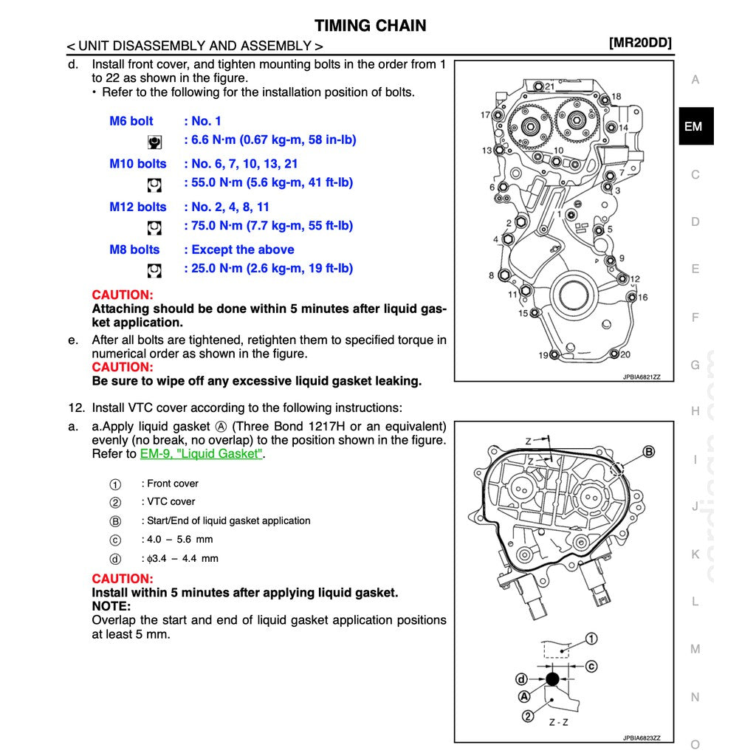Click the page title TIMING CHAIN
(370, 26)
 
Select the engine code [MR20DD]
(639, 43)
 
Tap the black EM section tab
(694, 126)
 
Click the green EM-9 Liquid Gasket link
(201, 454)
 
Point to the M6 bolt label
(131, 121)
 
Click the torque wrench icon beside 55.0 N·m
(154, 184)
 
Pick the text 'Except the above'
(242, 250)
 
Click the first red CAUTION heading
(122, 295)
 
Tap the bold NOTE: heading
(111, 606)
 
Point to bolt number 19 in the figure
(543, 356)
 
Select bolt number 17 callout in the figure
(485, 115)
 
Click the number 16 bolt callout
(642, 298)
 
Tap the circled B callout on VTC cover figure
(648, 451)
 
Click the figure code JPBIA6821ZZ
(641, 377)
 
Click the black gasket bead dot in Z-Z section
(552, 679)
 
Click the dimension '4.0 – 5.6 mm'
(177, 539)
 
